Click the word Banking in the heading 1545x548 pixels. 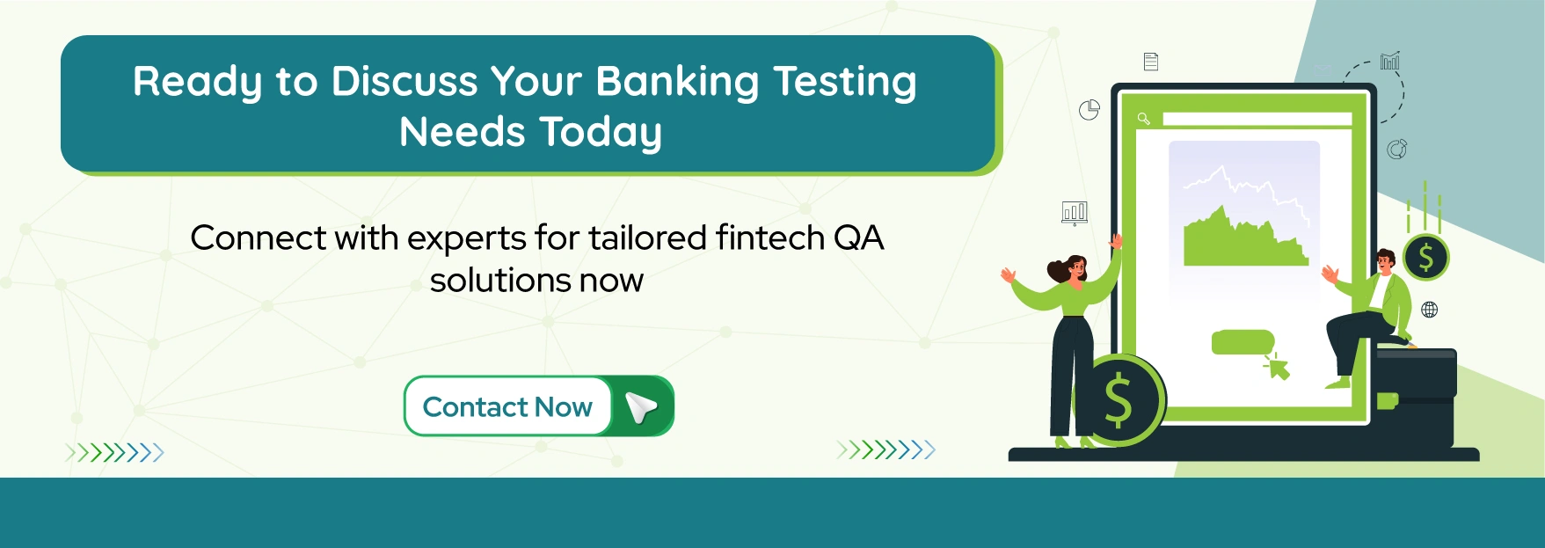point(676,83)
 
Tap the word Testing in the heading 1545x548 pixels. point(845,83)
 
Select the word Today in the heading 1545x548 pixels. point(601,133)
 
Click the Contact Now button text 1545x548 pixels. point(507,407)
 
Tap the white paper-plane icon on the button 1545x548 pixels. point(641,407)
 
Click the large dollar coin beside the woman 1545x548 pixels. point(1119,400)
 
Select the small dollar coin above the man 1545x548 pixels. point(1425,257)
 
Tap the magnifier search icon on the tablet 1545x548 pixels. point(1143,119)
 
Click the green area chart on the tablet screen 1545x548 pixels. point(1245,242)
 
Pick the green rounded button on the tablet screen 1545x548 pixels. point(1243,342)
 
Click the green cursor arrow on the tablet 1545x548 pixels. point(1278,367)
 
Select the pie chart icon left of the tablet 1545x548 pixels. point(1090,110)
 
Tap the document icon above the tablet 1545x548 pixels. point(1151,62)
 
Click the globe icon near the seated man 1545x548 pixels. point(1430,310)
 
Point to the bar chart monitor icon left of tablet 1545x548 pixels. point(1075,213)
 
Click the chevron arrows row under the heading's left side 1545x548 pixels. point(114,453)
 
